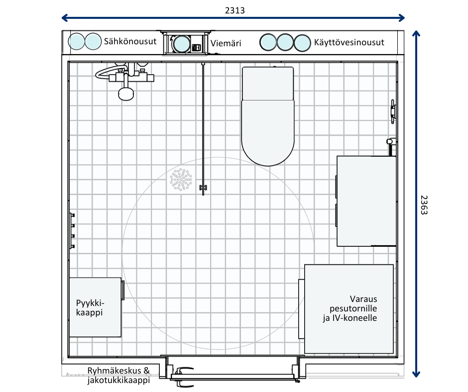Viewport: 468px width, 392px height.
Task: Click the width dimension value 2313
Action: click(x=234, y=10)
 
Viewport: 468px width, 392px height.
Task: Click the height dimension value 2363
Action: click(x=424, y=205)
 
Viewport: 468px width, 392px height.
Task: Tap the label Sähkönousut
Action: click(x=130, y=41)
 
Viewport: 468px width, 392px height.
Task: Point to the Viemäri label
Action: click(x=226, y=43)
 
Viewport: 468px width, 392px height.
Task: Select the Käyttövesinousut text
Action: click(x=349, y=42)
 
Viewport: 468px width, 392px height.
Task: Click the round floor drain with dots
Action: click(x=181, y=179)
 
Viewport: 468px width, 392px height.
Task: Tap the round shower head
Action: click(x=126, y=94)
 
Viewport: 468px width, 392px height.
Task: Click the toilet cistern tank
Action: click(x=268, y=84)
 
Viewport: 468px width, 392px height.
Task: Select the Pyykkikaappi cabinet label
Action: click(x=90, y=307)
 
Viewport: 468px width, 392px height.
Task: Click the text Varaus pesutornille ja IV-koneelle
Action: click(x=350, y=308)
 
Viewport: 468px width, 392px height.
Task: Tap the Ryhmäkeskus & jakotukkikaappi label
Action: click(x=118, y=375)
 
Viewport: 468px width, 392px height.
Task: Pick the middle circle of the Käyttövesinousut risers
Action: click(x=285, y=42)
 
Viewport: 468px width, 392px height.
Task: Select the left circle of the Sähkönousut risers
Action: click(x=76, y=41)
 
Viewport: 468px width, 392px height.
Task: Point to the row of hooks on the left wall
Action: click(x=72, y=231)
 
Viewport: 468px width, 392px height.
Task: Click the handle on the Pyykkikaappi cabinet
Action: click(x=122, y=290)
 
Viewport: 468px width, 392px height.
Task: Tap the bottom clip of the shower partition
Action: click(x=203, y=188)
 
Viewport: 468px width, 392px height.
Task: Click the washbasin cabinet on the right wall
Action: click(x=366, y=201)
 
